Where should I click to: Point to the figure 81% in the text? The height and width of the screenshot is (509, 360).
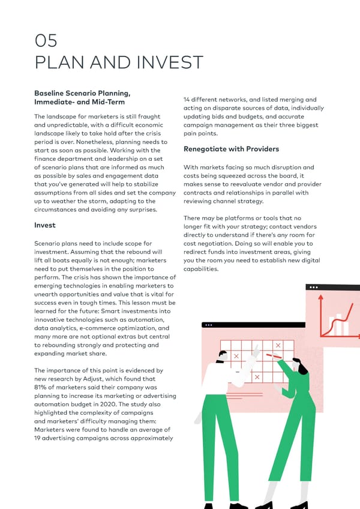coord(41,388)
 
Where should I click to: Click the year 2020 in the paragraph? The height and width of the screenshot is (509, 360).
coord(130,405)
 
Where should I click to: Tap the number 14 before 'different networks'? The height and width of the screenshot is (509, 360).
coord(188,100)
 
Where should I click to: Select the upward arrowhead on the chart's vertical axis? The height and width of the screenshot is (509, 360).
coord(322,297)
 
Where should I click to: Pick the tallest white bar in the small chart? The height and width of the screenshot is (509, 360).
coord(345,322)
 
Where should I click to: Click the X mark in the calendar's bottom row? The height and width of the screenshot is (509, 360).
coord(257,376)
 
